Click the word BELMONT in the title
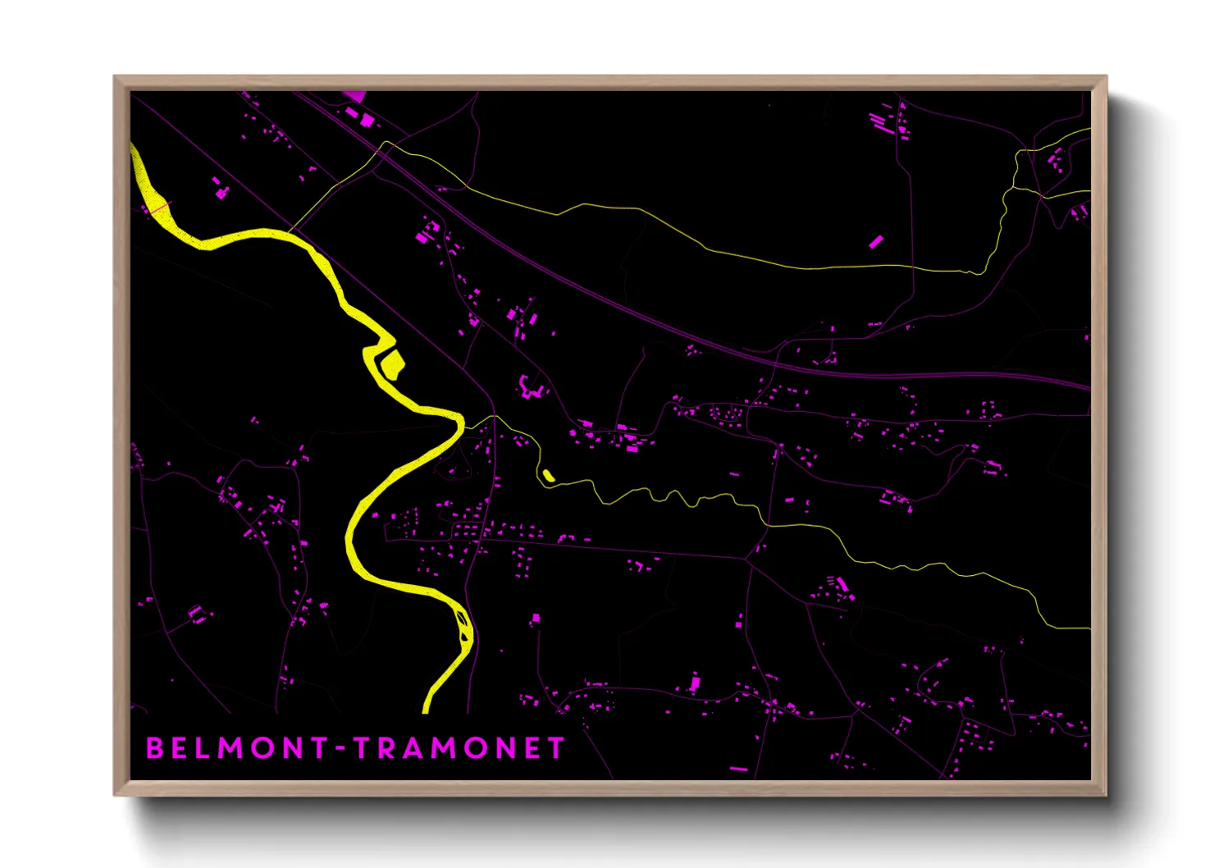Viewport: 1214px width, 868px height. pyautogui.click(x=237, y=748)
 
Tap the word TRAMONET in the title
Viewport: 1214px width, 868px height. pyautogui.click(x=459, y=748)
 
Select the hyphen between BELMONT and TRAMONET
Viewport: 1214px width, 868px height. pyautogui.click(x=341, y=749)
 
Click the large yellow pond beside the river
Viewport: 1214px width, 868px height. pyautogui.click(x=392, y=363)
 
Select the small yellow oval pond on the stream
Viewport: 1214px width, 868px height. pyautogui.click(x=548, y=475)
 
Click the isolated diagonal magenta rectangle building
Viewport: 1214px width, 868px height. pyautogui.click(x=876, y=241)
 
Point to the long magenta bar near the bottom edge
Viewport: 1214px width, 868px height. pyautogui.click(x=738, y=769)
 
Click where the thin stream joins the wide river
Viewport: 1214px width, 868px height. pyautogui.click(x=465, y=424)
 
